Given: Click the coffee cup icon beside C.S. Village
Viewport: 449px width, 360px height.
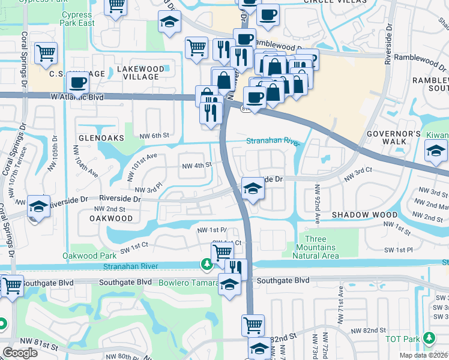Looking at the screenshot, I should click(76, 82).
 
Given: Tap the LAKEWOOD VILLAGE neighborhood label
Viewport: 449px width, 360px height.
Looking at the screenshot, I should click(137, 73).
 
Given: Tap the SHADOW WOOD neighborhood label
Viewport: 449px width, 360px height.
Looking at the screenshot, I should click(364, 214).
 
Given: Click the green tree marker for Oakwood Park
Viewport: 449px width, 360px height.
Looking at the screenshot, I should click(206, 263).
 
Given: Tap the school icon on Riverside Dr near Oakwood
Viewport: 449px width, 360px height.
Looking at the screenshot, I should click(38, 207).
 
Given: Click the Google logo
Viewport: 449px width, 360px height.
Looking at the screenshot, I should click(20, 353).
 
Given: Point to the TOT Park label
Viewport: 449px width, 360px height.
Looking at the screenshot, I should click(403, 339).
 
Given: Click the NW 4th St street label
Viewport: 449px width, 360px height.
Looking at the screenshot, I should click(196, 165).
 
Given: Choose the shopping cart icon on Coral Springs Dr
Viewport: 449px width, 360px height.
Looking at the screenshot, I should click(46, 53).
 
